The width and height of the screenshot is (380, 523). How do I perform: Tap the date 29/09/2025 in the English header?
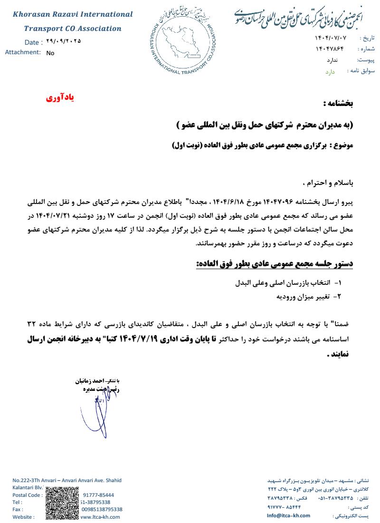64,41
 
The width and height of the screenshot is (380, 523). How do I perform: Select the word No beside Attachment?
50,53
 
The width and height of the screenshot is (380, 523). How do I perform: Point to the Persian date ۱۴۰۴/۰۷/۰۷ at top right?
331,38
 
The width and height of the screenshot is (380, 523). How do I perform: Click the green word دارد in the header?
330,72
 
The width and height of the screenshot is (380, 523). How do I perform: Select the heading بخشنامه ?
338,103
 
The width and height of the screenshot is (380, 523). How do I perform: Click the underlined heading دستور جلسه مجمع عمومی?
275,263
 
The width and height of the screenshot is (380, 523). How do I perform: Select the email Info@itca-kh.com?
288,515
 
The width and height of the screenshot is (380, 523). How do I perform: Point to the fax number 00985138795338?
102,509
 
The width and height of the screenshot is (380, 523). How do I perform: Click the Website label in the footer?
23,517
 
